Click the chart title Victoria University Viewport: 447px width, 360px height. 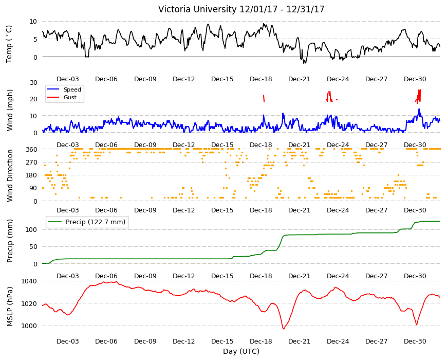click(198, 9)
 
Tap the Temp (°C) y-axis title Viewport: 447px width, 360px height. click(9, 44)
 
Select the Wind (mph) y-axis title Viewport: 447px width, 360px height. click(10, 110)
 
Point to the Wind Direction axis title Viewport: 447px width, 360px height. click(10, 175)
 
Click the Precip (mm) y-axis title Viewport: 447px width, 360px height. click(10, 241)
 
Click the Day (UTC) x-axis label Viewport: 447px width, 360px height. click(241, 351)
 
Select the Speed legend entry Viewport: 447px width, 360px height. click(72, 89)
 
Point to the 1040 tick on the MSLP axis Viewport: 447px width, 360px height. click(29, 281)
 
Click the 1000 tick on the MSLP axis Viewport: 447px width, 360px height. click(29, 326)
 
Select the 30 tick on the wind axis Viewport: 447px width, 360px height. click(33, 82)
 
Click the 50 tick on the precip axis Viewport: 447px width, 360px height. click(33, 247)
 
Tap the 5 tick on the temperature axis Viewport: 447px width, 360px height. click(35, 40)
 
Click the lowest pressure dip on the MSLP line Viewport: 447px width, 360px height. click(284, 329)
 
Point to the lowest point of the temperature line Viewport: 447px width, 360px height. click(304, 63)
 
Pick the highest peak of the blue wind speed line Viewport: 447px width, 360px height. click(419, 109)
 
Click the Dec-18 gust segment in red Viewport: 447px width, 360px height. click(264, 98)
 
